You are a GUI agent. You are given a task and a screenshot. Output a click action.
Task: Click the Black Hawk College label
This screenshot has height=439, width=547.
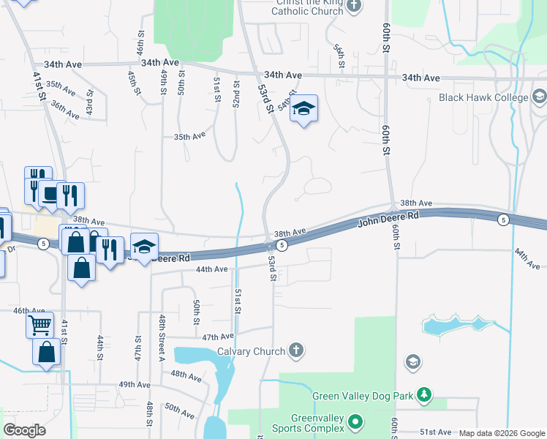click(483, 97)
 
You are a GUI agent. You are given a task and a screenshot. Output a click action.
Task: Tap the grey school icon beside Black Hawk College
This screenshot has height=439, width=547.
click(540, 97)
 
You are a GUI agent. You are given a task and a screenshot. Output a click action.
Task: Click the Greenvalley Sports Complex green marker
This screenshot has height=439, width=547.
click(355, 421)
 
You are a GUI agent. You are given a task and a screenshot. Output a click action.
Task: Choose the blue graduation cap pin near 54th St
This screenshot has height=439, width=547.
click(303, 110)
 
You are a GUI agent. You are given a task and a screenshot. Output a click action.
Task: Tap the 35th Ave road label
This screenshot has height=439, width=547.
click(189, 137)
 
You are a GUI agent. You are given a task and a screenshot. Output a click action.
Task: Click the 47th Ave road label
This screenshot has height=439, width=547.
click(217, 337)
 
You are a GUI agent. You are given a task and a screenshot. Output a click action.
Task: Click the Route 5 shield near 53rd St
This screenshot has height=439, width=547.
click(282, 245)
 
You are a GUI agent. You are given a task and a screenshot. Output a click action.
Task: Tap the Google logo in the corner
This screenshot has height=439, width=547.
click(24, 430)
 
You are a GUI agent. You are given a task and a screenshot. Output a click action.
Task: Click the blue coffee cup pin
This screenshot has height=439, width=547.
click(50, 193)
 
